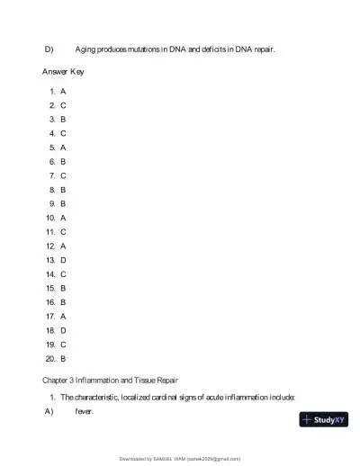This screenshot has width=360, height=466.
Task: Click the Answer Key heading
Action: [x=63, y=70]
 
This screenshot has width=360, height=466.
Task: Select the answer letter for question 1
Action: [x=63, y=92]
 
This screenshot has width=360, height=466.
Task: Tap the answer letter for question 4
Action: [x=63, y=133]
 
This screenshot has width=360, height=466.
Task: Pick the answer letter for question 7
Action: [x=63, y=175]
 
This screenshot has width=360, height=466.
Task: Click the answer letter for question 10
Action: [x=63, y=218]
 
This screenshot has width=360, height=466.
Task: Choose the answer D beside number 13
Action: [x=63, y=259]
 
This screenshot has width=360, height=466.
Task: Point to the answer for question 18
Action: [x=63, y=330]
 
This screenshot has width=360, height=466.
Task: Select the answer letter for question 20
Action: [x=63, y=358]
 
